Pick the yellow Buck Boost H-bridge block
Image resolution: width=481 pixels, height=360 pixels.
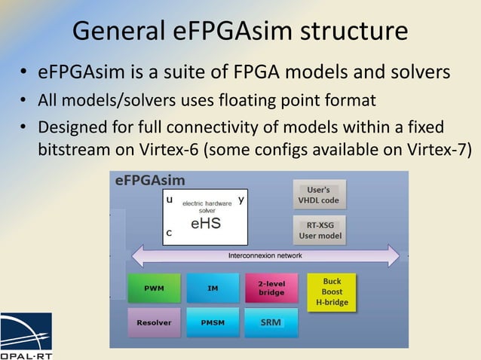pyautogui.click(x=332, y=292)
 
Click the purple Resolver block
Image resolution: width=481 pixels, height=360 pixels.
pyautogui.click(x=153, y=322)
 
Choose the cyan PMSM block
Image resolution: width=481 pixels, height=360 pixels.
pyautogui.click(x=213, y=322)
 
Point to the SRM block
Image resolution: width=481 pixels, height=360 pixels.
pyautogui.click(x=271, y=322)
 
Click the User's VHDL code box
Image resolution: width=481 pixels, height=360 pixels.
pyautogui.click(x=319, y=194)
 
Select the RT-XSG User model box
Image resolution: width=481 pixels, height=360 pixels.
pyautogui.click(x=319, y=230)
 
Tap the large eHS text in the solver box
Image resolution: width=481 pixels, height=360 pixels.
pyautogui.click(x=205, y=224)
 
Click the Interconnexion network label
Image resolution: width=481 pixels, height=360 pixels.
pyautogui.click(x=265, y=256)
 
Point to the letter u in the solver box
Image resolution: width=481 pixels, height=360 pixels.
pyautogui.click(x=169, y=200)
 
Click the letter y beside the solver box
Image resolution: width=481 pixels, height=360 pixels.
pyautogui.click(x=240, y=200)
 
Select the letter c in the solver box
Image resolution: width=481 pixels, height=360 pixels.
pyautogui.click(x=169, y=233)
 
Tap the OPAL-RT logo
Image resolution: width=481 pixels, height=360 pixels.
pyautogui.click(x=26, y=335)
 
